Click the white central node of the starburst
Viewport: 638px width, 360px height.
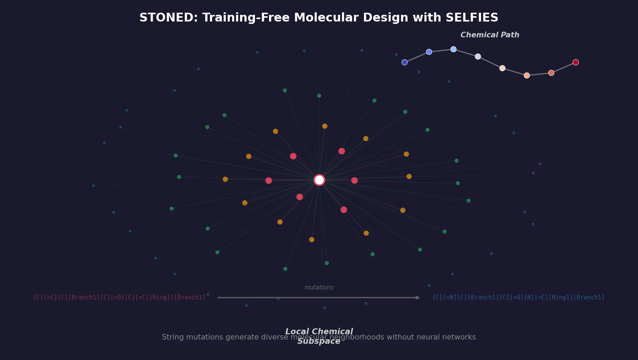coord(319,180)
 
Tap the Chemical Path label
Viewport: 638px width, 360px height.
coord(490,35)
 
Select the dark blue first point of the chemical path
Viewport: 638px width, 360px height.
coord(405,62)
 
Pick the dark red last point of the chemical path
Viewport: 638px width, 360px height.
coord(576,62)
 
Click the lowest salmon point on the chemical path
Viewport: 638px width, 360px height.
coord(527,75)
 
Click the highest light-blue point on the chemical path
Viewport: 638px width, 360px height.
coord(454,49)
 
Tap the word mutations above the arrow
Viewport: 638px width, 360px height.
coord(319,288)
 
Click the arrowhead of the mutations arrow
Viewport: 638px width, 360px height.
coord(418,298)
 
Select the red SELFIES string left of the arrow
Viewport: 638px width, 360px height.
coord(119,298)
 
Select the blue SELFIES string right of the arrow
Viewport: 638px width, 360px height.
coord(518,298)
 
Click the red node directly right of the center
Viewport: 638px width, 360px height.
coord(354,181)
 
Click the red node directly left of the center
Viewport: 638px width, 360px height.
coord(269,181)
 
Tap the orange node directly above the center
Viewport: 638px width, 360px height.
coord(325,126)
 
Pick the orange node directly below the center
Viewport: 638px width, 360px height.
coord(312,240)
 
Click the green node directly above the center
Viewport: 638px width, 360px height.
coord(319,96)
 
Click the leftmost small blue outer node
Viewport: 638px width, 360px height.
coord(93,185)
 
